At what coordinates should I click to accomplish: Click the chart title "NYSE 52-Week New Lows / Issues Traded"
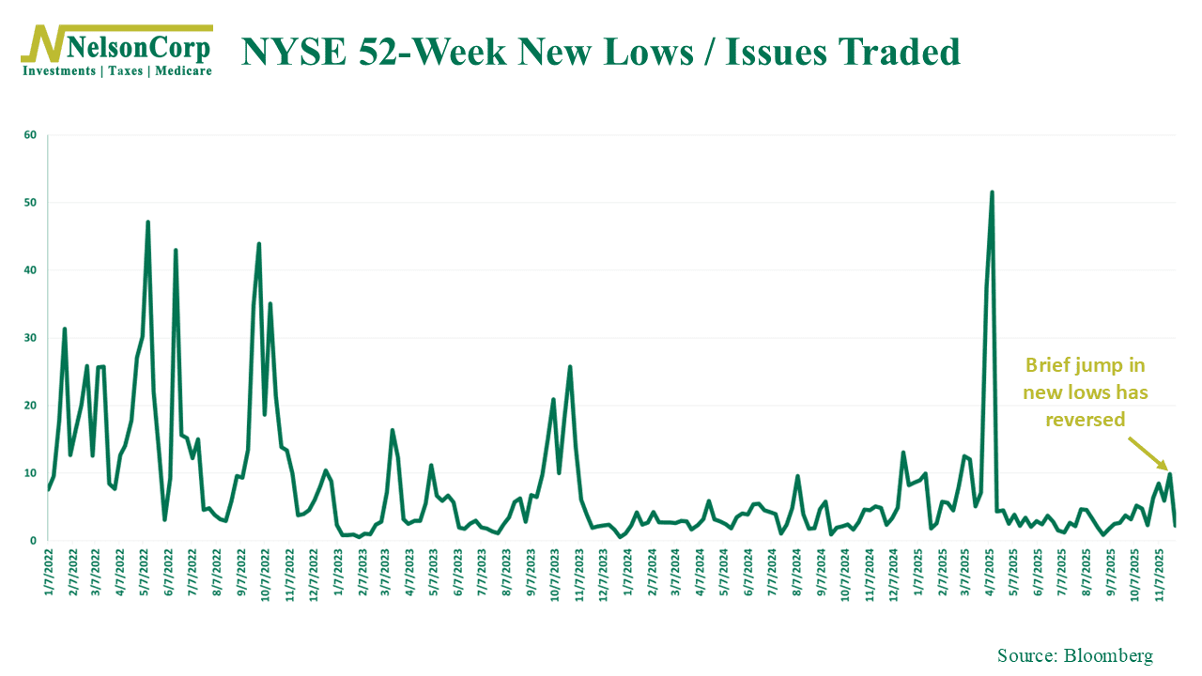coord(601,52)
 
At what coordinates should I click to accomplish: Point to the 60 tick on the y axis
coord(30,135)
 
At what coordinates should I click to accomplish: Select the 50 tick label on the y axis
coord(30,203)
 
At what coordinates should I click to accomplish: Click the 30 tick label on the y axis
coord(30,338)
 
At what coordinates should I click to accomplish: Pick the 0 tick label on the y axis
coord(33,541)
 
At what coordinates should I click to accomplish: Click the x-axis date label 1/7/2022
coord(48,575)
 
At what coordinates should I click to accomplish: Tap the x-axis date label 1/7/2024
coord(628,575)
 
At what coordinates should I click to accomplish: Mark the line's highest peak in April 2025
coord(992,192)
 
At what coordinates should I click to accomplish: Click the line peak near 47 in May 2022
coord(147,223)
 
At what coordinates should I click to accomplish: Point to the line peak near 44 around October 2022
coord(258,244)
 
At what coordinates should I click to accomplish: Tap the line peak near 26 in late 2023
coord(570,366)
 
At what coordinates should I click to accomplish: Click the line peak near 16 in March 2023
coord(392,430)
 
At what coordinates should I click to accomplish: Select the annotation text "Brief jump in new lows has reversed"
coord(1085,392)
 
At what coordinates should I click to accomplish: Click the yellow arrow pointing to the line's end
coord(1148,453)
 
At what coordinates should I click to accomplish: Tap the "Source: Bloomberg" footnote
coord(1074,655)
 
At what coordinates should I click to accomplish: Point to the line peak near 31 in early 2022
coord(64,329)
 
